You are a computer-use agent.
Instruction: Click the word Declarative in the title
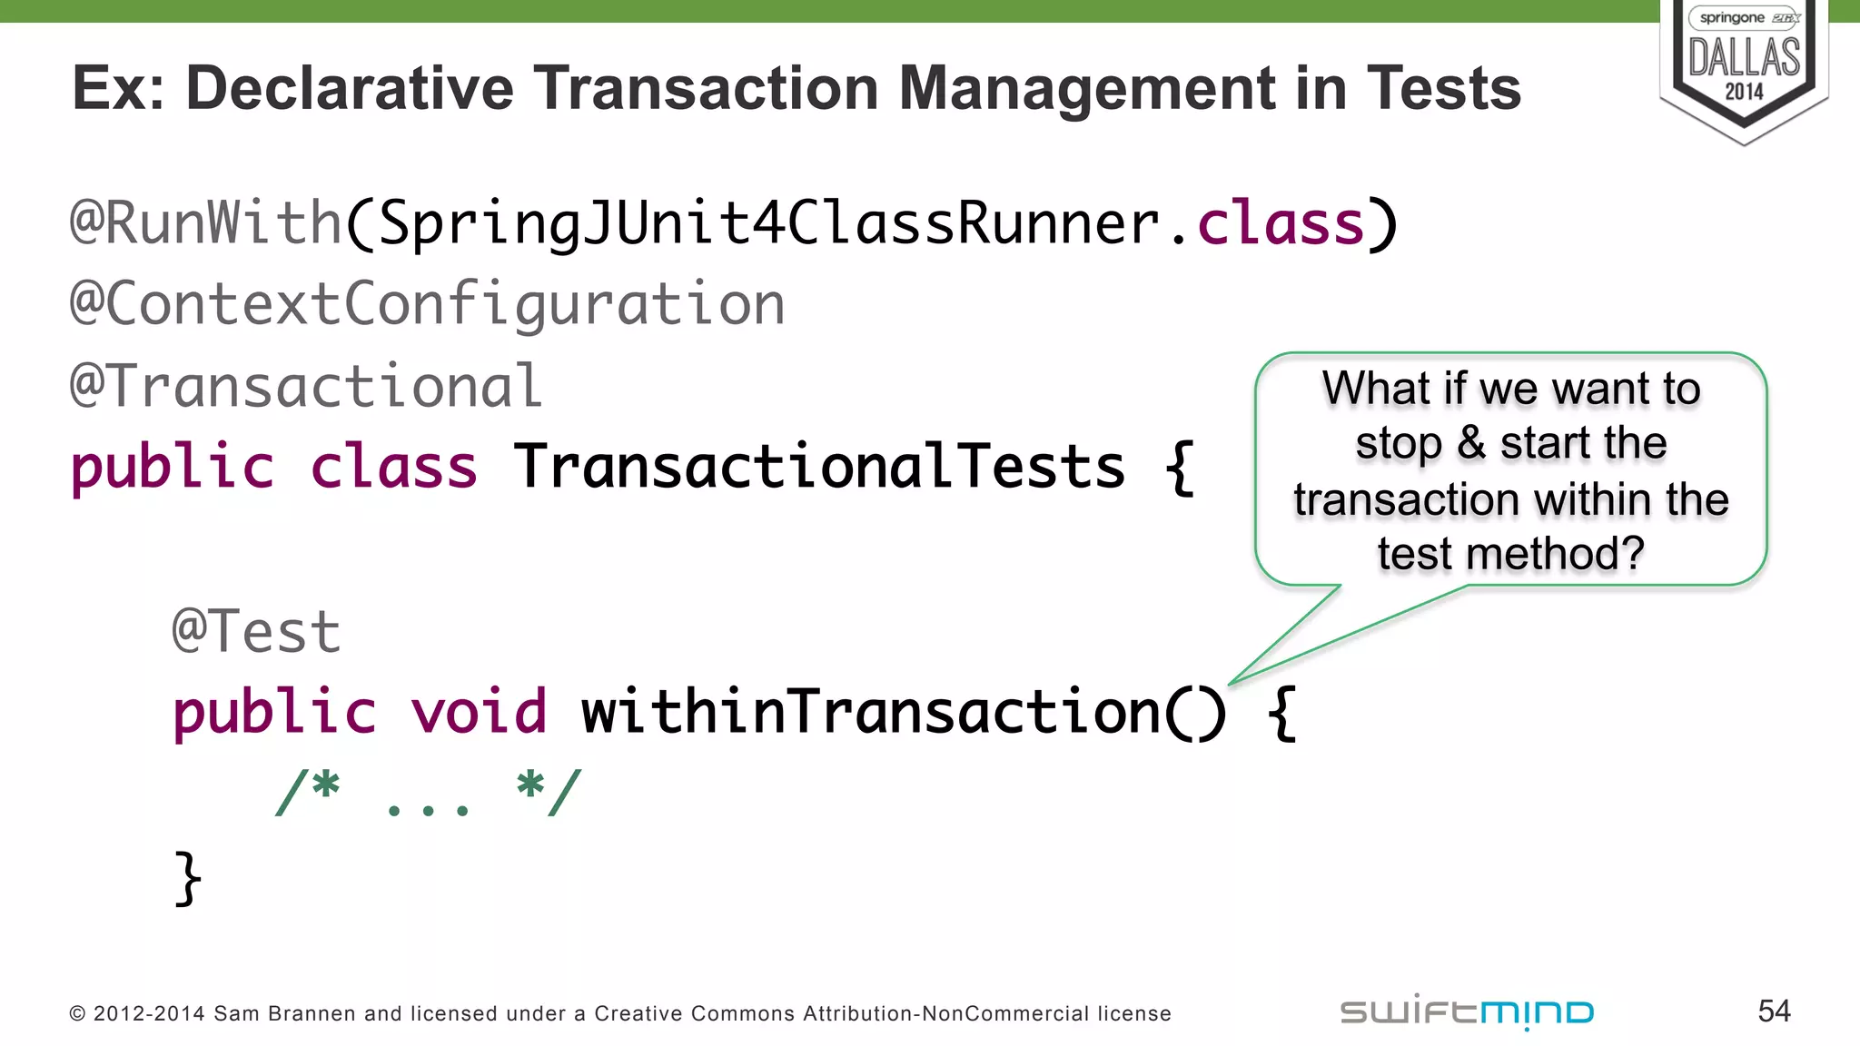point(350,89)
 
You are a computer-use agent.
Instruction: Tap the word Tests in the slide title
point(1443,89)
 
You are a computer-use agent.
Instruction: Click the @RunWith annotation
point(205,222)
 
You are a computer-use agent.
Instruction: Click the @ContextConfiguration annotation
point(427,304)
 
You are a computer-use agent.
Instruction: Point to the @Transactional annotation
point(306,386)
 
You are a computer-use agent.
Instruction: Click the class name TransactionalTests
point(819,467)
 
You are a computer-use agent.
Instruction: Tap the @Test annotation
point(256,631)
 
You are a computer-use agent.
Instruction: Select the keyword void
point(479,711)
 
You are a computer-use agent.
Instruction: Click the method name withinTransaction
point(870,711)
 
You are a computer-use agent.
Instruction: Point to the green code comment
point(428,794)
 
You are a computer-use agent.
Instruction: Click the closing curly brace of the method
point(187,878)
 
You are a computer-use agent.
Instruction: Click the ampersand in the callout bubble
point(1471,444)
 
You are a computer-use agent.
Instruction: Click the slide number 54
point(1774,1011)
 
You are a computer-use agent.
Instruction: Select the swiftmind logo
point(1467,1012)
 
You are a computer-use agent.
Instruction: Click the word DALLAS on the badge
point(1744,57)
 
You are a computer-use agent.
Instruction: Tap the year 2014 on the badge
point(1744,92)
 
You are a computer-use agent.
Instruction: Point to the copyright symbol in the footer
point(77,1014)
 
